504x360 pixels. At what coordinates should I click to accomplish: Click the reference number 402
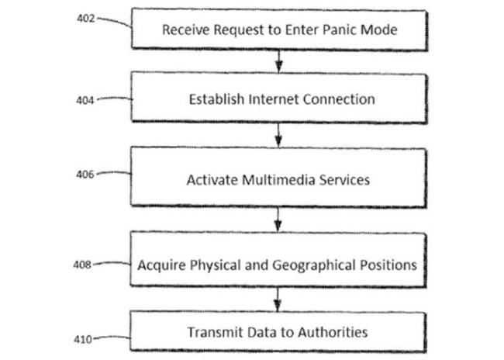point(86,19)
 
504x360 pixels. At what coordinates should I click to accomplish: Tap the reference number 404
point(85,100)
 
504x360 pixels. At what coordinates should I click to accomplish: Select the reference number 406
point(85,175)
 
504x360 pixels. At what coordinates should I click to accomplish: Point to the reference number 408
point(82,265)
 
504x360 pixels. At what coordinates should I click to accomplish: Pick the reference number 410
point(83,339)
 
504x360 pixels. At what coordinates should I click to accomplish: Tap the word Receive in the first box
point(186,29)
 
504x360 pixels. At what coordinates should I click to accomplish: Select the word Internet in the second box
point(274,99)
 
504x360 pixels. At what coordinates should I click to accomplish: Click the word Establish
point(216,99)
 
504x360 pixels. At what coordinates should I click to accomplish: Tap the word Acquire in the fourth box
point(162,265)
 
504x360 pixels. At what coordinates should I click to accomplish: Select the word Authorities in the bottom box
point(333,332)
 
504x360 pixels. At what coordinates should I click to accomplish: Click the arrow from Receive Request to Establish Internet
point(279,61)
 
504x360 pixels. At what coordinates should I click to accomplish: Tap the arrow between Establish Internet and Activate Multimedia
point(278,135)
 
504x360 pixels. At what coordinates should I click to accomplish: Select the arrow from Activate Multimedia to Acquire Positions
point(278,220)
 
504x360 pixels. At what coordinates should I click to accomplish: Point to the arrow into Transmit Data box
point(278,299)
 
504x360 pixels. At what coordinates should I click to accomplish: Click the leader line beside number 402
point(114,21)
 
